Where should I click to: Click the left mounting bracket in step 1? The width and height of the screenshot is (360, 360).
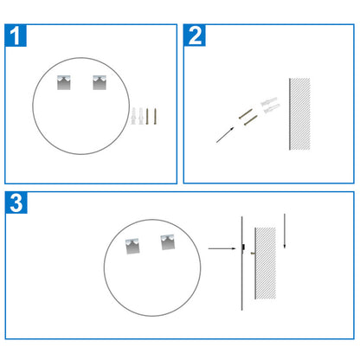pos(67,84)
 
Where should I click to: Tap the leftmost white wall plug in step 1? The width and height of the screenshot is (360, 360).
pos(134,116)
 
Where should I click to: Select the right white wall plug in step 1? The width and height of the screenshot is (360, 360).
pos(141,116)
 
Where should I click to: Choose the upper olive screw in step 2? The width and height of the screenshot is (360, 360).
pos(245,113)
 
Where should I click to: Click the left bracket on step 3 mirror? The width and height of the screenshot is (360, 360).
pos(133,247)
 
